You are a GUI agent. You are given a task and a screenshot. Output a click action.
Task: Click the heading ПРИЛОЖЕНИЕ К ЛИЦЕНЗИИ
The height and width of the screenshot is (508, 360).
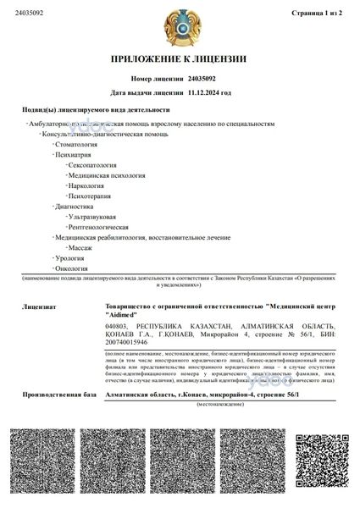pos(179,59)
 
